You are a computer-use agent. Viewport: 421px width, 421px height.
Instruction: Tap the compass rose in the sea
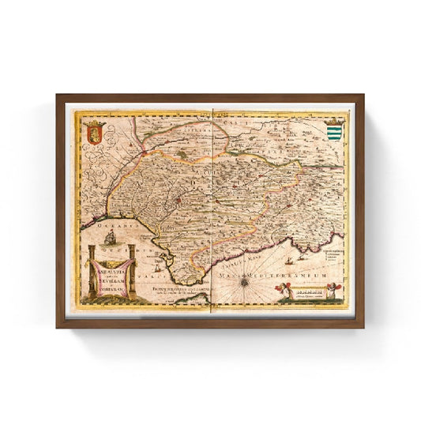247,279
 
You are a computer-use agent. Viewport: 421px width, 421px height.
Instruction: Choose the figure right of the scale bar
335,294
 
